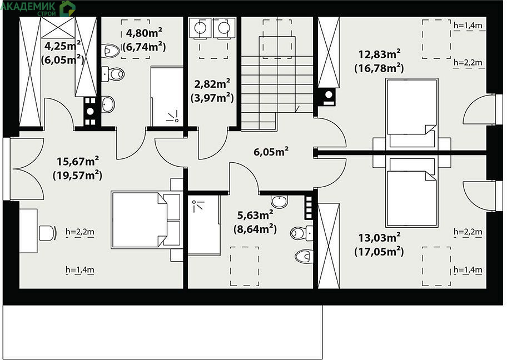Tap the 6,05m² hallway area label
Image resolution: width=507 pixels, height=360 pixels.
click(x=271, y=151)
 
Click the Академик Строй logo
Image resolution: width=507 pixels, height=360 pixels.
click(x=38, y=8)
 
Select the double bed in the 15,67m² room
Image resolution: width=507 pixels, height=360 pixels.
click(x=146, y=220)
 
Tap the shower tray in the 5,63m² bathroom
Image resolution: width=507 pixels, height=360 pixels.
click(x=203, y=225)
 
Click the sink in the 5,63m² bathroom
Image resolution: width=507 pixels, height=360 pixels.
click(x=279, y=202)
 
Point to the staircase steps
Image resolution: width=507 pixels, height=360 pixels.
click(x=277, y=84)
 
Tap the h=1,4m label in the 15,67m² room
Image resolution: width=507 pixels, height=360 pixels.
click(x=80, y=269)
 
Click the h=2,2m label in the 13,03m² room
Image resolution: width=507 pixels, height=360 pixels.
click(x=468, y=232)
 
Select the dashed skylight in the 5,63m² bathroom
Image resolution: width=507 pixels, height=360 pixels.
click(x=245, y=266)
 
